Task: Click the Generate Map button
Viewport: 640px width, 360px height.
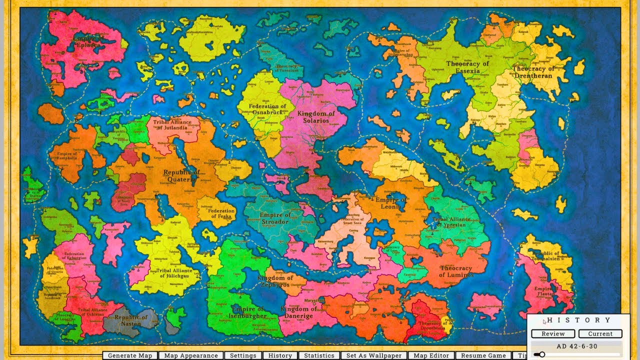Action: click(130, 355)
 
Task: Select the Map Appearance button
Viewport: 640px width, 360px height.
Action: click(191, 355)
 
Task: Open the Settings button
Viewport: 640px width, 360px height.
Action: click(243, 355)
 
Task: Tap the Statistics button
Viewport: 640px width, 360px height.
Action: click(319, 355)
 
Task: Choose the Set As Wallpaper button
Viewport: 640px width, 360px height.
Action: click(374, 355)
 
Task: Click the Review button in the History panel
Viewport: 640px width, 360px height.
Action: click(553, 333)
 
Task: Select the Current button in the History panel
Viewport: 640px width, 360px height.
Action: click(600, 333)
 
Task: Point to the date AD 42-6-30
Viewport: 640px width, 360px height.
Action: click(576, 346)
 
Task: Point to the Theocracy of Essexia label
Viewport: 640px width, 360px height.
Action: click(467, 67)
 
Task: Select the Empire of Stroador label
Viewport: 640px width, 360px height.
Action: click(274, 218)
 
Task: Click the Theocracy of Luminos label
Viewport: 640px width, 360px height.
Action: click(455, 271)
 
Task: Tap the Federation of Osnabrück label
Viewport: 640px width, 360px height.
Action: click(267, 109)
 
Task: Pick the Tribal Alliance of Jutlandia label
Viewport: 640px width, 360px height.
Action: click(172, 125)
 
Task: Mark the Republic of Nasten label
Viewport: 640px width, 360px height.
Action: click(127, 320)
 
